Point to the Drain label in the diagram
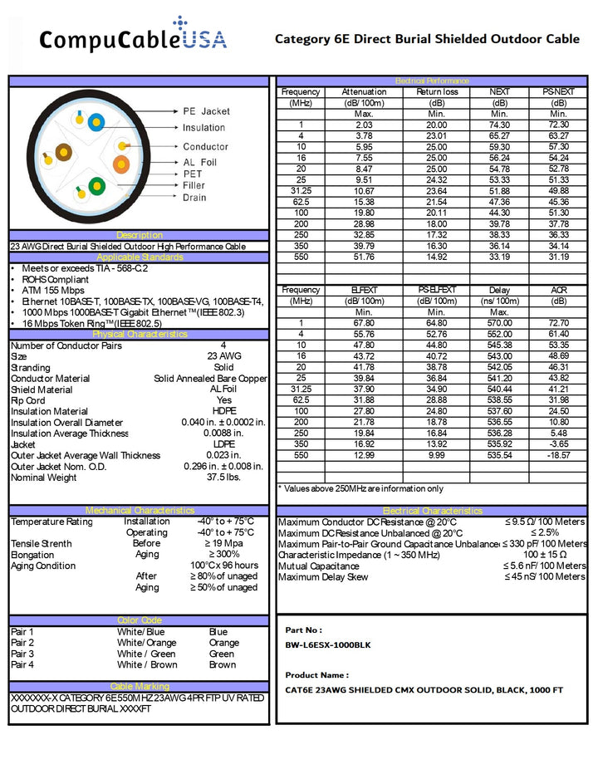[x=194, y=198]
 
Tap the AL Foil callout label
[x=199, y=162]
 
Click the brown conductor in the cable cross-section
[x=64, y=152]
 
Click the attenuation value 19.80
[x=364, y=213]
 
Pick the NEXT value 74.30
[x=499, y=125]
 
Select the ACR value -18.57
[x=558, y=456]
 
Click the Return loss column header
[x=437, y=92]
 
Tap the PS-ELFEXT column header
[x=437, y=290]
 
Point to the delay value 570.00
[x=499, y=323]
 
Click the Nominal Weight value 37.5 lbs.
[x=223, y=478]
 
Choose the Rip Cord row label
[x=28, y=400]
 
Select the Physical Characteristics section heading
[x=140, y=334]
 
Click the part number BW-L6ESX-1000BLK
[x=328, y=644]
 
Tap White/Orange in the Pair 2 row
[x=146, y=643]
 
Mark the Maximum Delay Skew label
[x=323, y=577]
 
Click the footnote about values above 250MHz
[x=360, y=488]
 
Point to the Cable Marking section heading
[x=140, y=687]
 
